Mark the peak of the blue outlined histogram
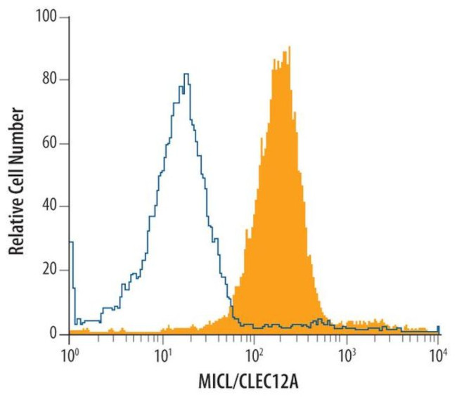click(x=186, y=74)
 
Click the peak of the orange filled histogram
click(x=288, y=47)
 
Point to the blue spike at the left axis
click(x=71, y=242)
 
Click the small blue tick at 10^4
click(x=438, y=329)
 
